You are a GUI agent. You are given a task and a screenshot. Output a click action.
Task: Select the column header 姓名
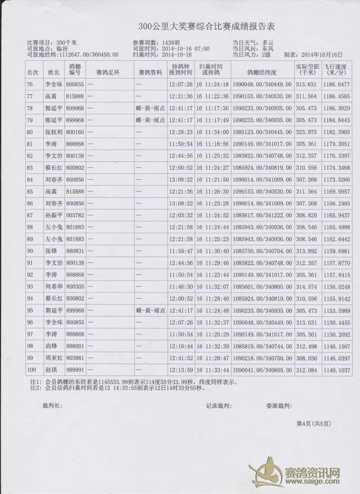(54, 72)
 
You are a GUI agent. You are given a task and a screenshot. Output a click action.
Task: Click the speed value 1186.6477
(337, 84)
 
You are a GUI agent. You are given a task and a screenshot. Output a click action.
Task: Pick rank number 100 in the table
(31, 371)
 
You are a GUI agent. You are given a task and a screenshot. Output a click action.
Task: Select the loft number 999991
(75, 371)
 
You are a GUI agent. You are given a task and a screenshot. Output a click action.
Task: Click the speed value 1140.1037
(337, 371)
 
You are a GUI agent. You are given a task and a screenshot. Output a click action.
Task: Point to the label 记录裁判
(219, 405)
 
